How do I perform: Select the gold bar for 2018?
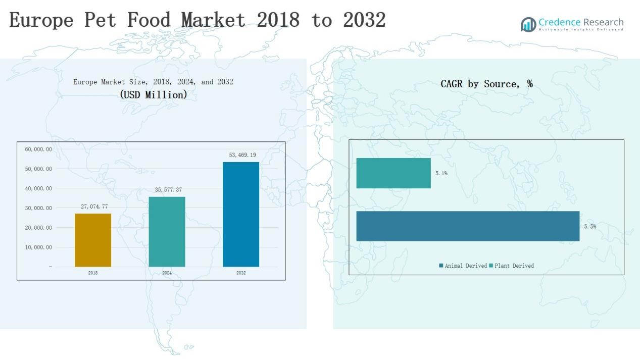coord(93,240)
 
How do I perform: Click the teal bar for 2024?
coord(167,232)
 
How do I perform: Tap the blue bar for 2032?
coord(241,214)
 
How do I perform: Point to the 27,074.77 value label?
coord(94,207)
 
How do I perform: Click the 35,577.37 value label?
coord(168,190)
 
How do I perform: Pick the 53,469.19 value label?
coord(242,155)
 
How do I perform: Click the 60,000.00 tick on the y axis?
coord(38,149)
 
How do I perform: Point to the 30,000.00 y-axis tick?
coord(38,208)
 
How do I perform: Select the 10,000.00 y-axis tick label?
coord(38,247)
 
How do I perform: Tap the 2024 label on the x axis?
coord(167,273)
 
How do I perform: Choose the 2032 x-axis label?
coord(241,273)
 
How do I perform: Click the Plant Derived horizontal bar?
coord(393,173)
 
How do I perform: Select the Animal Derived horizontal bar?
coord(468,226)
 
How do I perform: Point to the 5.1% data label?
coord(441,173)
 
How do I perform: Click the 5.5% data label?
coord(590,227)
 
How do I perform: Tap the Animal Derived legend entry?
coord(463,266)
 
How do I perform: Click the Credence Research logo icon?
coord(528,24)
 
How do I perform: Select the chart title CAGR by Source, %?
coord(486,84)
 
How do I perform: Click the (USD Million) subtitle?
coord(154,94)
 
